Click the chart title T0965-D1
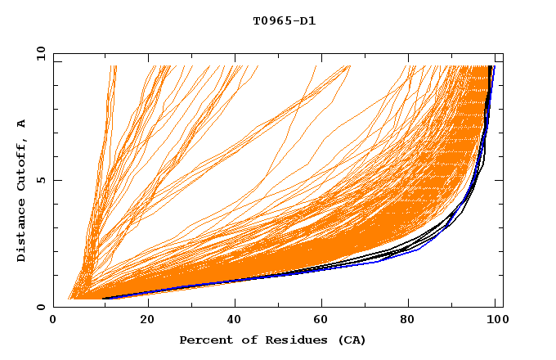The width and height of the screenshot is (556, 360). pos(284,20)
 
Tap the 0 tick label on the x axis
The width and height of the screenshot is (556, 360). pos(53,321)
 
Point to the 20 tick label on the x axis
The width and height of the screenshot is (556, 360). pos(147,321)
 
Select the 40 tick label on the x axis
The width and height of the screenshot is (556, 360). pos(235,321)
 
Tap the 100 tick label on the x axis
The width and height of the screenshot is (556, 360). pos(495,321)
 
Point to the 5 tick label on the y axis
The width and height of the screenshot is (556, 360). pos(43,180)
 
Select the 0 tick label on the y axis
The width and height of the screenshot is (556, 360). pos(43,307)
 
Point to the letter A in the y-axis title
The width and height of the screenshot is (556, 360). pos(21,123)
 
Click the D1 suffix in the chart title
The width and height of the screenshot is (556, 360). pos(308,20)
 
